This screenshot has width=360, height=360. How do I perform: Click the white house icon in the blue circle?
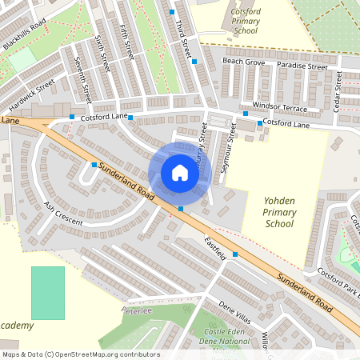coord(180,172)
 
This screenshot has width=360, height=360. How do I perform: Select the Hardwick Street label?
coord(33,94)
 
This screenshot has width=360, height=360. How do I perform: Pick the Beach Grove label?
coord(243,61)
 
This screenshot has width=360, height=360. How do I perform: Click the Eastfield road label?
coord(216,247)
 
